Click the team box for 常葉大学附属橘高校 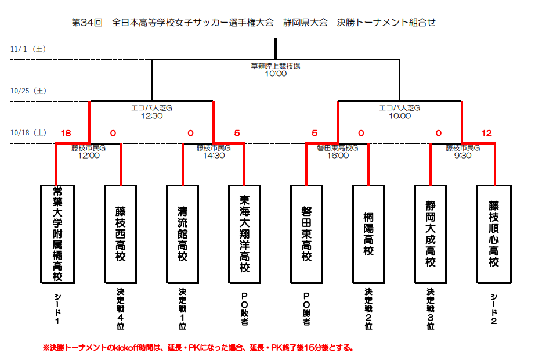pos(57,234)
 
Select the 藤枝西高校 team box pos(121,234)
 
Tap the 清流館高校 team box pos(183,234)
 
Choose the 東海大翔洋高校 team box pos(245,234)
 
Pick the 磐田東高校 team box pos(307,234)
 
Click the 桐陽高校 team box pos(369,234)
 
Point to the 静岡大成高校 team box pos(431,234)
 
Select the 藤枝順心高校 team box pos(494,234)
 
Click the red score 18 pos(66,134)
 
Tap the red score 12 pos(486,134)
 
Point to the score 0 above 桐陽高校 pos(361,134)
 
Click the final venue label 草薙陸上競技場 pos(276,66)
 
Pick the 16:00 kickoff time pos(338,156)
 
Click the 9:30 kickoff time pos(462,156)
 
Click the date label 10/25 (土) pos(29,91)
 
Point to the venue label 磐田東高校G pos(338,148)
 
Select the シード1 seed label pos(57,308)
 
